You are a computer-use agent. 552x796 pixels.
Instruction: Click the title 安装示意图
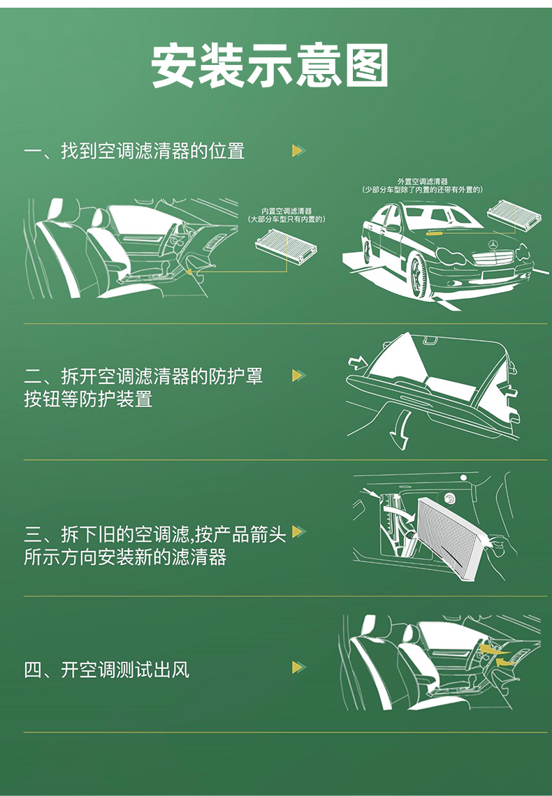(270, 66)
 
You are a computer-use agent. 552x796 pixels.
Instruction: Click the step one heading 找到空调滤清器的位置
(153, 151)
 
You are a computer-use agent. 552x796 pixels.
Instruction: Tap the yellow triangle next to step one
(298, 150)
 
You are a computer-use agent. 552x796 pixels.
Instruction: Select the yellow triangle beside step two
(298, 375)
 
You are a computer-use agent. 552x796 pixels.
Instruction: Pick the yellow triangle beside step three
(298, 531)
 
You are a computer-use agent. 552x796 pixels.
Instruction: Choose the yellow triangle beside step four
(298, 667)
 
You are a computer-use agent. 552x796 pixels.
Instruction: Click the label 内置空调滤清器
(286, 211)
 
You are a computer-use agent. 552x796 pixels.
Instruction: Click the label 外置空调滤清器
(423, 182)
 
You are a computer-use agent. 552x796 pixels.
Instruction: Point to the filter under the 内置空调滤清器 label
(286, 247)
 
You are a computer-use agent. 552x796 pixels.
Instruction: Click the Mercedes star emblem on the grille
(493, 244)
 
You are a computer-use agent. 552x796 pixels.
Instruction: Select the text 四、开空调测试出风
(107, 670)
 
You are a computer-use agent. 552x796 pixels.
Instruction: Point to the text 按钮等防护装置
(88, 399)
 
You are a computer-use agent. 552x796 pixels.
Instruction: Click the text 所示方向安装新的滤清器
(125, 557)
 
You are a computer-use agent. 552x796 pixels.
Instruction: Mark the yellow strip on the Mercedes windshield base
(440, 233)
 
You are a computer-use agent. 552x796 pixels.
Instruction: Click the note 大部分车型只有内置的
(286, 219)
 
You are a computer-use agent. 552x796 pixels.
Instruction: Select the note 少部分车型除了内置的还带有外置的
(423, 190)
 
